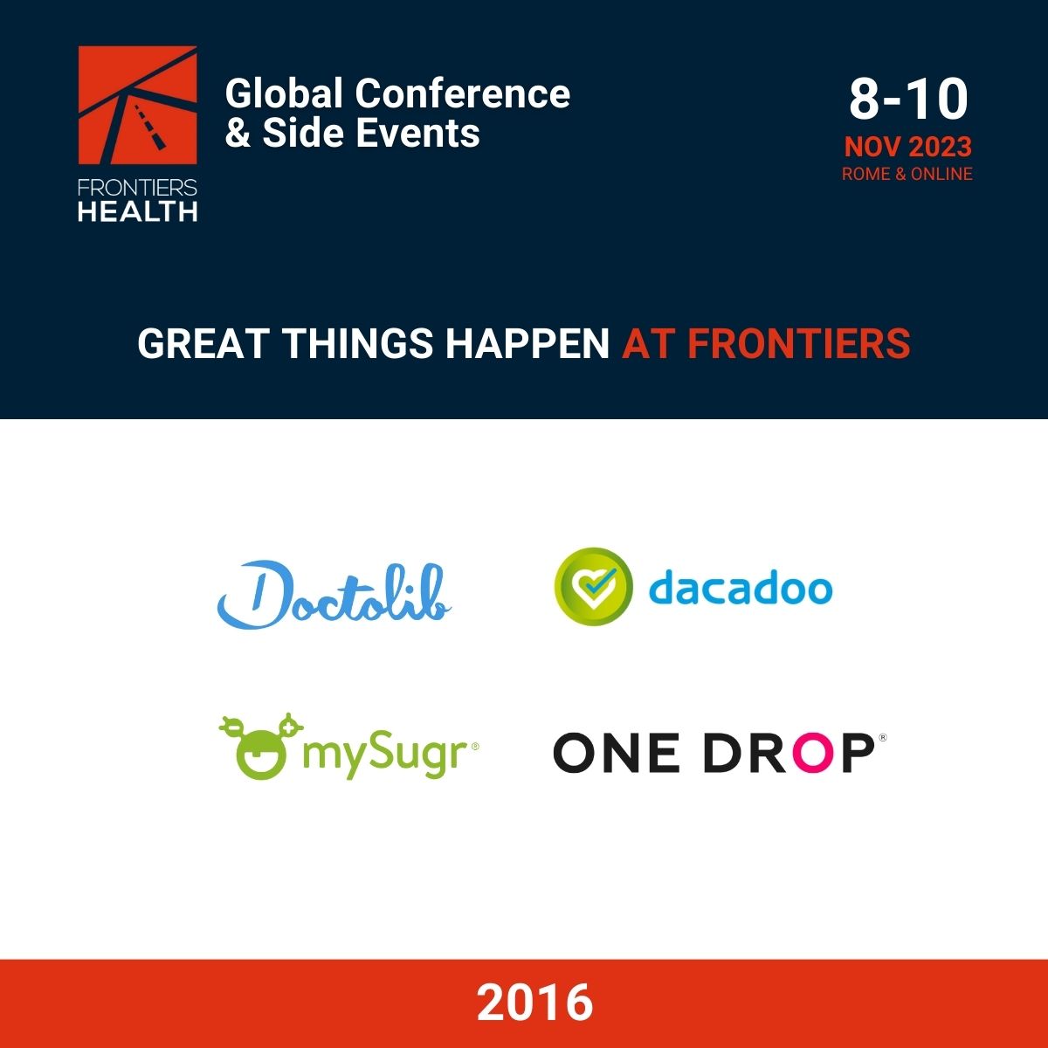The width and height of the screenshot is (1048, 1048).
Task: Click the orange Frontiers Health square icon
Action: coord(138,105)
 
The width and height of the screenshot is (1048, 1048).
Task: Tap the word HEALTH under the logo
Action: coord(138,211)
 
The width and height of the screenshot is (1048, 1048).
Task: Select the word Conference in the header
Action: coord(463,93)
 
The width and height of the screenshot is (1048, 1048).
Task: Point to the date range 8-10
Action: coord(908,100)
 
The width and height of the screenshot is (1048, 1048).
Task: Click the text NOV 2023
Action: coord(908,147)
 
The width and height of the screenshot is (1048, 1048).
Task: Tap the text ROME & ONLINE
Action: coord(907,174)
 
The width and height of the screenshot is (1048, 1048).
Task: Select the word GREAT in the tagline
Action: coord(203,343)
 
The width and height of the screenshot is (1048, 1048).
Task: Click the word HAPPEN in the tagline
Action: coord(527,343)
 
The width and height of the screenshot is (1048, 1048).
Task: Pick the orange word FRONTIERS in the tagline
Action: coord(799,343)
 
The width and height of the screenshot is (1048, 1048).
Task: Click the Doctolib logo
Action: coord(334,595)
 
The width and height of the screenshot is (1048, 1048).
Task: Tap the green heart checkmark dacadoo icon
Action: coord(593,587)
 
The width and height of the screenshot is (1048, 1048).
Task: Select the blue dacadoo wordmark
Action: coord(741,589)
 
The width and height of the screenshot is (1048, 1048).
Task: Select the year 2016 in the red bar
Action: coord(534,1002)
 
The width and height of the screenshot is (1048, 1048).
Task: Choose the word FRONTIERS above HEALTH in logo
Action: coord(138,188)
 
